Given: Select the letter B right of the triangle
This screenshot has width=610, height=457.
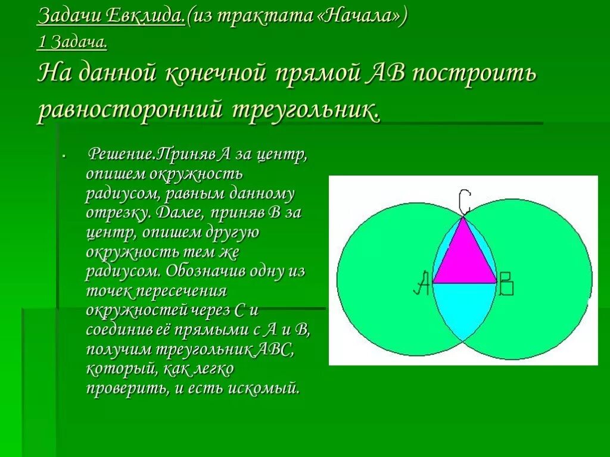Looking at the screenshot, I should point(506,283).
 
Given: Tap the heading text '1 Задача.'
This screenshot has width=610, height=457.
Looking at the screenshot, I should point(73,42).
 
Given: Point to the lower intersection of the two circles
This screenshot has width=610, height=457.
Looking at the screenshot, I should point(464,340).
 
